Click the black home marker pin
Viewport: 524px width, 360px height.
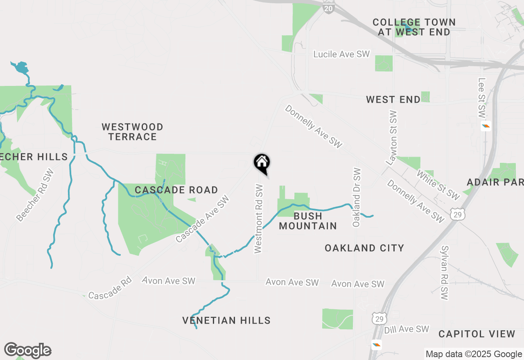pyautogui.click(x=262, y=163)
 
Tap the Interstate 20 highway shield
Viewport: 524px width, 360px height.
pyautogui.click(x=329, y=7)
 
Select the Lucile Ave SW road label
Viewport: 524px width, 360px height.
pyautogui.click(x=341, y=54)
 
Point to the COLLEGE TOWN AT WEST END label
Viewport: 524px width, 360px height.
pyautogui.click(x=414, y=27)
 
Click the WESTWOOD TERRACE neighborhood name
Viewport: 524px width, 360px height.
pyautogui.click(x=133, y=132)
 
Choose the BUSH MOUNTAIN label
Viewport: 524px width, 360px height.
pyautogui.click(x=308, y=221)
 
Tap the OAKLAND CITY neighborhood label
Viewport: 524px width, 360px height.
pyautogui.click(x=364, y=248)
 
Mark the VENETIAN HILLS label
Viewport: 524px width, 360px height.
pyautogui.click(x=226, y=320)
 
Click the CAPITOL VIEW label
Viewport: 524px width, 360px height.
pyautogui.click(x=477, y=334)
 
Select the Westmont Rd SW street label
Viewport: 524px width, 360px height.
pyautogui.click(x=258, y=218)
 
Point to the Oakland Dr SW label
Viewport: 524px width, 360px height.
pyautogui.click(x=357, y=197)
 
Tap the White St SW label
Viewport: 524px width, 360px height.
pyautogui.click(x=438, y=185)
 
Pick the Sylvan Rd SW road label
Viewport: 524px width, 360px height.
pyautogui.click(x=445, y=272)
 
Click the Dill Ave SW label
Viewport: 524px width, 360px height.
pyautogui.click(x=407, y=329)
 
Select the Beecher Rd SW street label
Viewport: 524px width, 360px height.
pyautogui.click(x=36, y=195)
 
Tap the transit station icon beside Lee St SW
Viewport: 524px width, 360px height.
pyautogui.click(x=486, y=126)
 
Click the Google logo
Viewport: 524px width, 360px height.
pyautogui.click(x=27, y=351)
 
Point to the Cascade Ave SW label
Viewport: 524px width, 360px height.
pyautogui.click(x=203, y=219)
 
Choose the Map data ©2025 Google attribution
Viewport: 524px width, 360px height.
pyautogui.click(x=474, y=354)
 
